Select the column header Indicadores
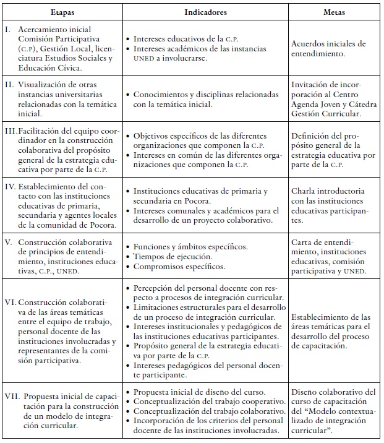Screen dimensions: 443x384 point(205,12)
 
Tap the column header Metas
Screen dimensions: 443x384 point(335,12)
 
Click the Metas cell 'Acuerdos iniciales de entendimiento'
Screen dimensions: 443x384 point(328,49)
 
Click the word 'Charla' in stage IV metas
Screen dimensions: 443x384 point(305,191)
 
